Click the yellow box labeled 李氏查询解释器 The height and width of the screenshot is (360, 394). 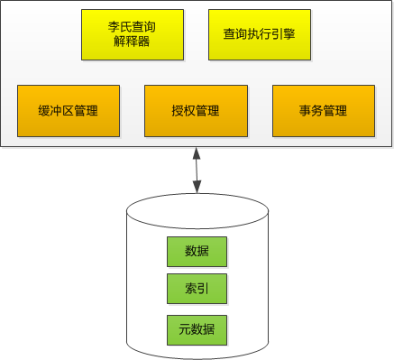(133, 34)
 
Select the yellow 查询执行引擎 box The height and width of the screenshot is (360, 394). (260, 34)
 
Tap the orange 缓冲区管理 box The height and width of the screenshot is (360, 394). (69, 111)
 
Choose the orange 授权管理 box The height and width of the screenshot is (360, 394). (196, 111)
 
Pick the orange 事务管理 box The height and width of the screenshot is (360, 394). (324, 111)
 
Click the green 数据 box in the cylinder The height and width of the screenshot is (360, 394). (197, 252)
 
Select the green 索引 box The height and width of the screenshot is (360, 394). (197, 289)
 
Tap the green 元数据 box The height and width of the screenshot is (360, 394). (197, 330)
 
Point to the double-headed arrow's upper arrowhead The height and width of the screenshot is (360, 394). (197, 153)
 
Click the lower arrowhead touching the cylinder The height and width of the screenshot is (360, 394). (197, 187)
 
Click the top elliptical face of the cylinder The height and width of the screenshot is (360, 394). (197, 211)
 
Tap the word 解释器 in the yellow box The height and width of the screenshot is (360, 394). (132, 41)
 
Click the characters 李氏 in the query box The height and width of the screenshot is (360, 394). (120, 27)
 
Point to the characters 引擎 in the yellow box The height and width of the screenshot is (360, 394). (283, 34)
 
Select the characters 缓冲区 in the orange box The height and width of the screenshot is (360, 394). (56, 111)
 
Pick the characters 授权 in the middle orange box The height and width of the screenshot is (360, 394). (184, 111)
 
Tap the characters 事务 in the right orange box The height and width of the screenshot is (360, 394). (311, 111)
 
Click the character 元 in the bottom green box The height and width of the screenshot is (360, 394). (185, 329)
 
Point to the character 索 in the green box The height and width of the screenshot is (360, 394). (191, 289)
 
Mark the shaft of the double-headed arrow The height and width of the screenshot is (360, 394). (197, 170)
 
